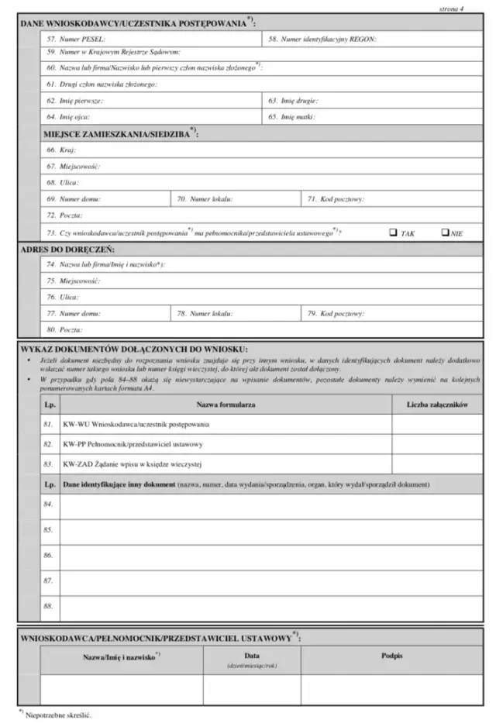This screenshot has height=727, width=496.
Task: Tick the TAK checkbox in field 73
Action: pyautogui.click(x=393, y=232)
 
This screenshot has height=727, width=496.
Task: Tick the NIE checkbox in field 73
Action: pyautogui.click(x=446, y=232)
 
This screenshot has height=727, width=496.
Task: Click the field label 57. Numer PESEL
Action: pyautogui.click(x=76, y=38)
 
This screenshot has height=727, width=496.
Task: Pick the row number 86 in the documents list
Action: pyautogui.click(x=48, y=556)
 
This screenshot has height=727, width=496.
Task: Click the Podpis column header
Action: pyautogui.click(x=391, y=656)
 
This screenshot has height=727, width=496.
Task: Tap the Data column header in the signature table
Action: pyautogui.click(x=252, y=656)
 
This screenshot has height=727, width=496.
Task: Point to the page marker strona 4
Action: pyautogui.click(x=450, y=8)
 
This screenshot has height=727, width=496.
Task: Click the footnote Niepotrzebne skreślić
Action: pyautogui.click(x=57, y=715)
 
